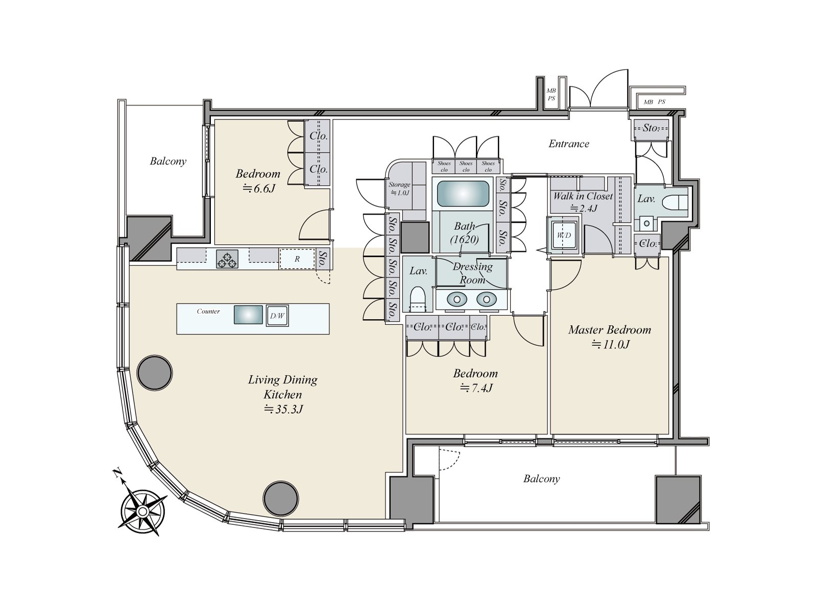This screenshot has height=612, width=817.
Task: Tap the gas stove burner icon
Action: click(227, 259)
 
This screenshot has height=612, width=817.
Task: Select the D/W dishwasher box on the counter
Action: click(277, 316)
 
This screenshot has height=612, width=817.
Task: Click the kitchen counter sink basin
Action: click(248, 315)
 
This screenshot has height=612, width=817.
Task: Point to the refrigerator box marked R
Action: click(297, 259)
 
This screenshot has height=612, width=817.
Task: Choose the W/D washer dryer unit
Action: click(564, 236)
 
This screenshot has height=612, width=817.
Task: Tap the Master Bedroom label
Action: click(610, 330)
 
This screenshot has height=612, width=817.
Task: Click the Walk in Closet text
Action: click(583, 196)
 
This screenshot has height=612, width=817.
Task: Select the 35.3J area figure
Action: click(283, 410)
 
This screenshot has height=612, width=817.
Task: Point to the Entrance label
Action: click(569, 144)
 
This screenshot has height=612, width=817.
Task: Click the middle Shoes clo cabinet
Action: click(466, 166)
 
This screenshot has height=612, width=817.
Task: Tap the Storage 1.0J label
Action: click(399, 188)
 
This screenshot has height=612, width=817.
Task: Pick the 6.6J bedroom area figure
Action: click(259, 189)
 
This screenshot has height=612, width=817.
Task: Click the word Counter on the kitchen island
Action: click(208, 312)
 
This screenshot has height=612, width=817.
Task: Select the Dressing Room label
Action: click(473, 273)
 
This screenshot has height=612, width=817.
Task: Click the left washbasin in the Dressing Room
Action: click(456, 299)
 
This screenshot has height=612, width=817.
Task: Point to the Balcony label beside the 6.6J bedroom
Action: click(168, 161)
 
